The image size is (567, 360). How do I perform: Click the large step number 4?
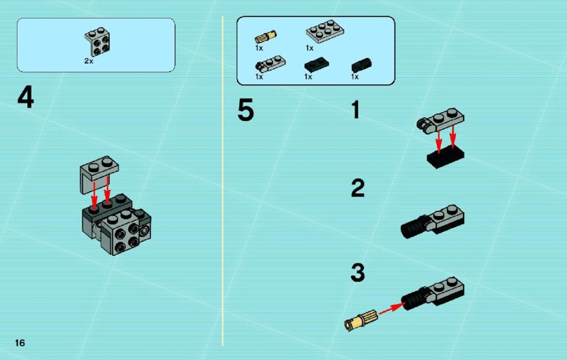(26, 98)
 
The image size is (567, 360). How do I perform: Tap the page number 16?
(20, 343)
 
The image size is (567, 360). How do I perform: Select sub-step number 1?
(356, 110)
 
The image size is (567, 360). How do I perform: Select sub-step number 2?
(358, 188)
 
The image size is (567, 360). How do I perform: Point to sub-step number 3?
(358, 273)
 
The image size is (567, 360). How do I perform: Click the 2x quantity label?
(89, 61)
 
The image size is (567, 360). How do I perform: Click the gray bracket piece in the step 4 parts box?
(98, 41)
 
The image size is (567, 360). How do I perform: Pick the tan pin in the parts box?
(266, 37)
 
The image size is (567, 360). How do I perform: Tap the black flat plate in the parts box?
(317, 65)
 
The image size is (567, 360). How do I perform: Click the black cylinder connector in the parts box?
(361, 66)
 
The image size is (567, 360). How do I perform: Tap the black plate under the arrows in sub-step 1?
(445, 157)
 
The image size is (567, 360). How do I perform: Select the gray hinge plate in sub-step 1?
(440, 121)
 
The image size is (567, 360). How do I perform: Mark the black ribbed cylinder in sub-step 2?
(415, 226)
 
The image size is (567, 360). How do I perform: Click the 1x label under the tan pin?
(259, 48)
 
